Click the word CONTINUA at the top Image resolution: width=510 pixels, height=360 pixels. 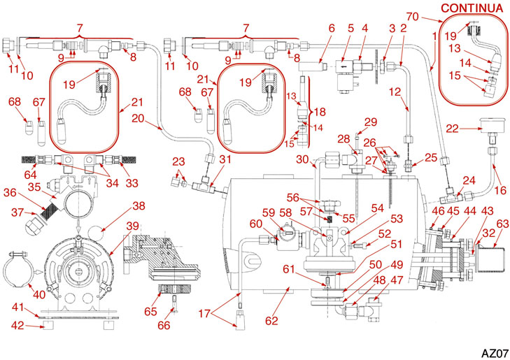[472, 8]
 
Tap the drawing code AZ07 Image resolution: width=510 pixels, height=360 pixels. [493, 351]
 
